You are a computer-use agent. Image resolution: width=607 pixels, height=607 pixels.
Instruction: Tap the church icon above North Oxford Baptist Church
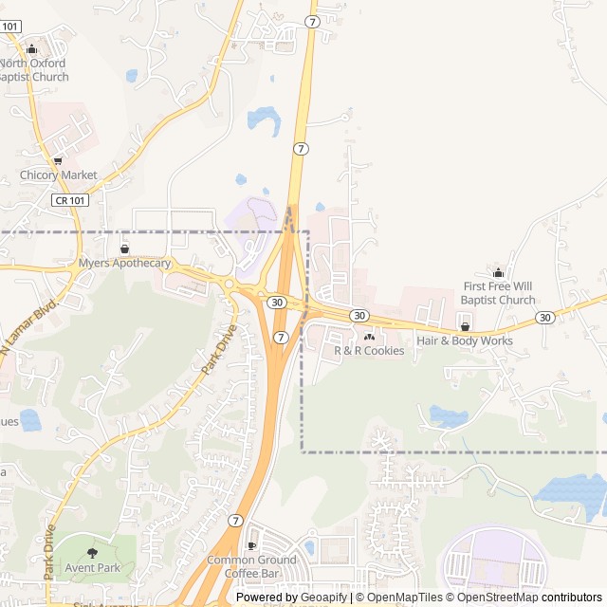click(31, 49)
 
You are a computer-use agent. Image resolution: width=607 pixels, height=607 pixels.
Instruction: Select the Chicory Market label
click(59, 175)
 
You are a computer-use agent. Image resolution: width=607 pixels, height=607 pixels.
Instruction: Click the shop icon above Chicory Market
click(59, 160)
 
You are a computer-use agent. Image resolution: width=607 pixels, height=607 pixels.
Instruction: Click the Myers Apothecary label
click(124, 264)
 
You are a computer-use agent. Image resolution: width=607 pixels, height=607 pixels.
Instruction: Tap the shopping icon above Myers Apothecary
click(124, 248)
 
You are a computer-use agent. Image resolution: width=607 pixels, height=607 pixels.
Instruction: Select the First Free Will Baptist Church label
click(499, 293)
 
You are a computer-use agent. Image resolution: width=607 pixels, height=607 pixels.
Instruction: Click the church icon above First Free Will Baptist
click(499, 272)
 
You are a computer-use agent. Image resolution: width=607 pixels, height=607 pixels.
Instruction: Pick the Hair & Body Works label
click(465, 341)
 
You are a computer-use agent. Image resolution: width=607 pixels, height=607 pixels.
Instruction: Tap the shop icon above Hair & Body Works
click(465, 326)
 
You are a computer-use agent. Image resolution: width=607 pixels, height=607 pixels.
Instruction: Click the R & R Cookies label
click(369, 351)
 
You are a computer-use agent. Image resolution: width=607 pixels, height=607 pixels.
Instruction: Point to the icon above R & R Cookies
click(369, 336)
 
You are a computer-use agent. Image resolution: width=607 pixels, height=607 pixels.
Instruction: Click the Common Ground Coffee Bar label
click(252, 566)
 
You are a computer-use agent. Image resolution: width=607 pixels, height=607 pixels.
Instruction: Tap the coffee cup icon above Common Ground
click(251, 545)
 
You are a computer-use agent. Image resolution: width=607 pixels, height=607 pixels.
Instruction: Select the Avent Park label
click(92, 567)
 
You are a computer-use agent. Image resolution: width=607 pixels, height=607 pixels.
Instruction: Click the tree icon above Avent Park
click(92, 552)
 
